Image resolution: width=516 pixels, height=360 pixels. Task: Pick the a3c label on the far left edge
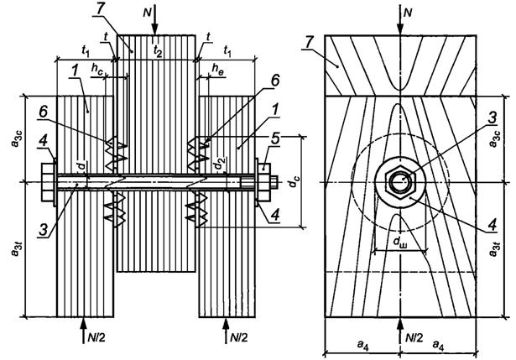[14, 138]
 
